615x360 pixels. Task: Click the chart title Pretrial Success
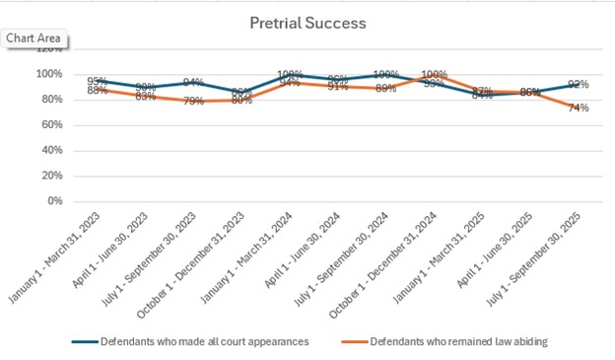(307, 22)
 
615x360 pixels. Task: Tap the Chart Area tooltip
(34, 38)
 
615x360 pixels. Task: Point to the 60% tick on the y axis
(47, 125)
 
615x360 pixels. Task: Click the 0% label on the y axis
(51, 201)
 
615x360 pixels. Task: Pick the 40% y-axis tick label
(47, 151)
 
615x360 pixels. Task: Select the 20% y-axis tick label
(47, 176)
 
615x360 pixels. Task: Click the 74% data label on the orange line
(578, 108)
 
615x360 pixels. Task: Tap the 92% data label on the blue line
(578, 85)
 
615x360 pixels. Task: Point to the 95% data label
(98, 81)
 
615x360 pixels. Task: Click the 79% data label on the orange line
(193, 102)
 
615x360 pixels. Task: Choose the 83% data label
(146, 97)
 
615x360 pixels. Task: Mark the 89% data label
(386, 89)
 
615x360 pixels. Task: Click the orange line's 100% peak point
(434, 74)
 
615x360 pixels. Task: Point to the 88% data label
(98, 91)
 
